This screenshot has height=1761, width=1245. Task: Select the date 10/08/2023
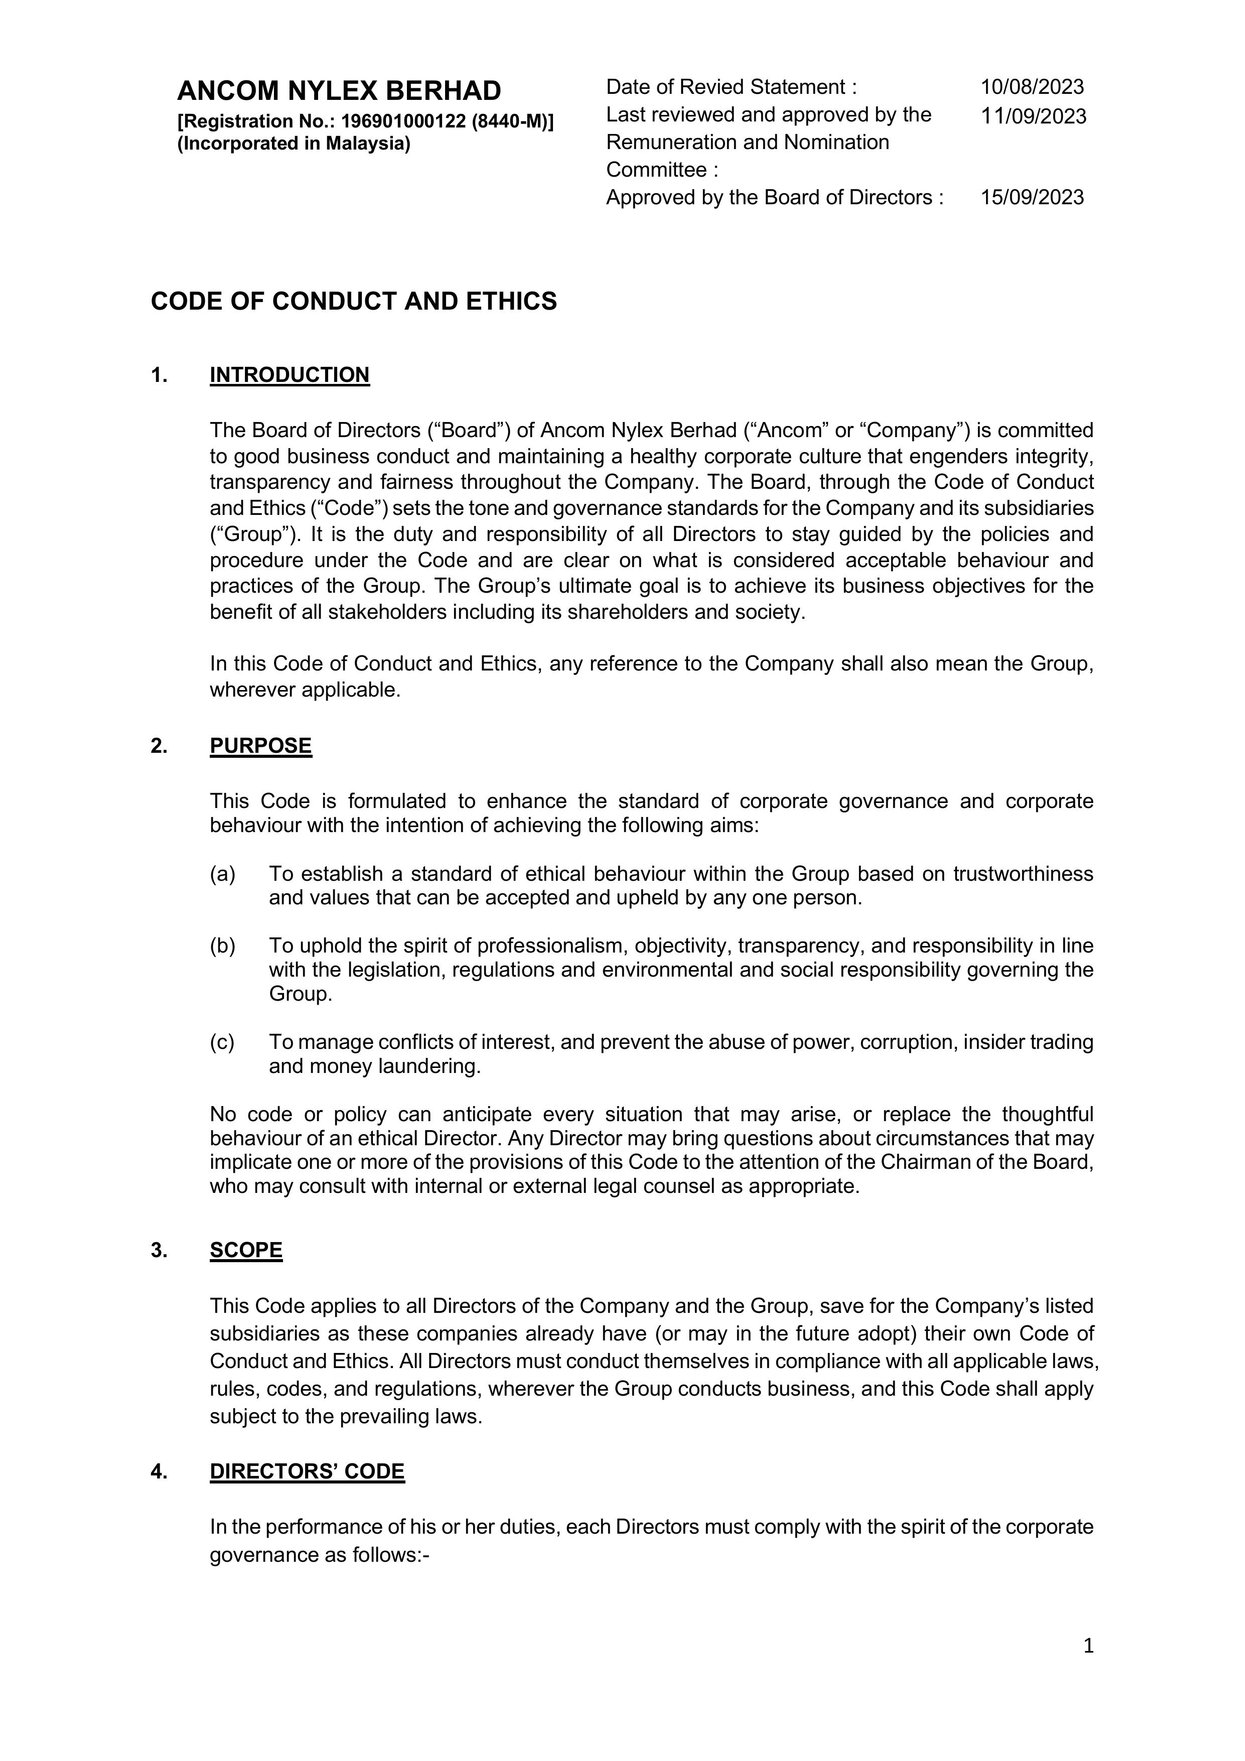1032,87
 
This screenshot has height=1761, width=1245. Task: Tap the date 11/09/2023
1033,116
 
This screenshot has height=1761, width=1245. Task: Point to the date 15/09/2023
1032,197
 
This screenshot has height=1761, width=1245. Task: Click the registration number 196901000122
403,121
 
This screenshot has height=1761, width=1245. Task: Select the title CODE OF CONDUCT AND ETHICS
354,302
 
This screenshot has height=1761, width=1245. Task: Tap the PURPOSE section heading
261,746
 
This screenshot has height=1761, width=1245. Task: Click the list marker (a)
222,874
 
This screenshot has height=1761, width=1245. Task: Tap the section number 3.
159,1251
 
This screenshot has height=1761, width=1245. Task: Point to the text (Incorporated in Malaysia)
294,144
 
